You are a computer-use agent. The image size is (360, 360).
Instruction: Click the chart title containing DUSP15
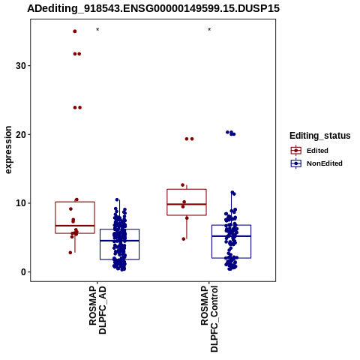point(153,8)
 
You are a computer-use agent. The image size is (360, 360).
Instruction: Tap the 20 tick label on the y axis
point(21,134)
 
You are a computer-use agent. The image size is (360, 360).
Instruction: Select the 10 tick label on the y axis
point(21,203)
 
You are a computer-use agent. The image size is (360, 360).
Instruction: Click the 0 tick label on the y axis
point(24,272)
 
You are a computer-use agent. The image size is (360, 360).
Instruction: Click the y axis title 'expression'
point(8,150)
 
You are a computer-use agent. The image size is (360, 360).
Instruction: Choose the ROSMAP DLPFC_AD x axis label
point(97,310)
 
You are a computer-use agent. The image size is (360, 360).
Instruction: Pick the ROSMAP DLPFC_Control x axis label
point(209,319)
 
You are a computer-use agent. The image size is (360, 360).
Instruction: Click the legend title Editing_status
point(320,136)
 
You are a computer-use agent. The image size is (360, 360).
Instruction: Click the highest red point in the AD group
point(75,31)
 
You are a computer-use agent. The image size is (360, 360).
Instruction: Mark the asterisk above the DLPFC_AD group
point(97,30)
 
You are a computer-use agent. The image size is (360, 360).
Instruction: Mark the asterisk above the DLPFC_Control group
point(209,30)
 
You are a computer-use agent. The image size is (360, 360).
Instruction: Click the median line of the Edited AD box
point(75,226)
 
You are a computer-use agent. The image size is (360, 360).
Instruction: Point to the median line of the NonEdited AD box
point(119,241)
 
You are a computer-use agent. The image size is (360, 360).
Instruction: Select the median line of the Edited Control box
point(187,204)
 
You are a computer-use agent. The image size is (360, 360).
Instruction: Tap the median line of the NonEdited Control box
point(232,236)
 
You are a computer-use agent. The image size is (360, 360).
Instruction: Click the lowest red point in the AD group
point(70,253)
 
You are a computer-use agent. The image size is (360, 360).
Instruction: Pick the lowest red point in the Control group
point(184,239)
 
